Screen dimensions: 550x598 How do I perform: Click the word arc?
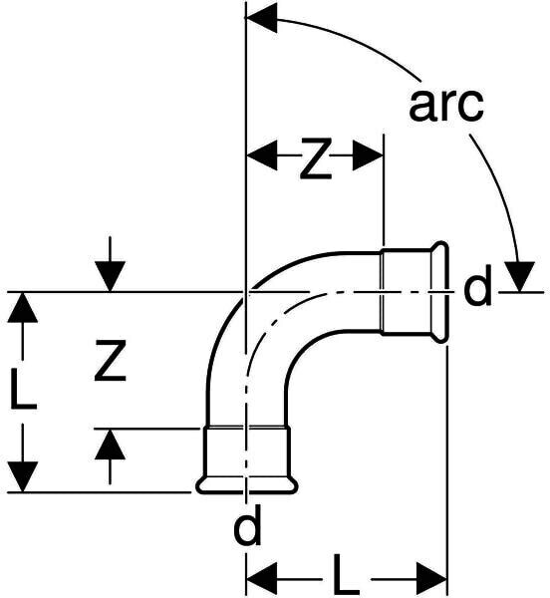pyautogui.click(x=446, y=105)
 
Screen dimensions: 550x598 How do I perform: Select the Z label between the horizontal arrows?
pyautogui.click(x=316, y=158)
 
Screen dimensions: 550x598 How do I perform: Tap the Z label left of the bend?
pyautogui.click(x=111, y=361)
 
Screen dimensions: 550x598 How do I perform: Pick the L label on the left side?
pyautogui.click(x=24, y=389)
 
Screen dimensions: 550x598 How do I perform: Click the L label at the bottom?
pyautogui.click(x=347, y=575)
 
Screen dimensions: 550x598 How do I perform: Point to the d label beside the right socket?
pyautogui.click(x=478, y=285)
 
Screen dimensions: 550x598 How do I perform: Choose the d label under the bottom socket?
pyautogui.click(x=247, y=524)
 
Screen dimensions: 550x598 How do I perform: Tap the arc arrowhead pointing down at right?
pyautogui.click(x=519, y=276)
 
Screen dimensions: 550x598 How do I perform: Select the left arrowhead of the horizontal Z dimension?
pyautogui.click(x=262, y=155)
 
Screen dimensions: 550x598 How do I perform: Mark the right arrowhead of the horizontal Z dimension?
pyautogui.click(x=368, y=155)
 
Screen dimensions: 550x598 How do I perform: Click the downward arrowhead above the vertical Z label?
pyautogui.click(x=111, y=276)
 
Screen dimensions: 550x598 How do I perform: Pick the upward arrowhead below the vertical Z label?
pyautogui.click(x=111, y=444)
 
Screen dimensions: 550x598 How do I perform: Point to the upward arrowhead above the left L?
pyautogui.click(x=23, y=307)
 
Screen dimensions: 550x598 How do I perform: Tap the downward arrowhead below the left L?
pyautogui.click(x=23, y=476)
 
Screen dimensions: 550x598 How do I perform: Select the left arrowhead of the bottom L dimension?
pyautogui.click(x=262, y=579)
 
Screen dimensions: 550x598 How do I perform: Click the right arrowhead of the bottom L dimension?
pyautogui.click(x=431, y=579)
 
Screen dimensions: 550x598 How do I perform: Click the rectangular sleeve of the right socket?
pyautogui.click(x=407, y=292)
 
